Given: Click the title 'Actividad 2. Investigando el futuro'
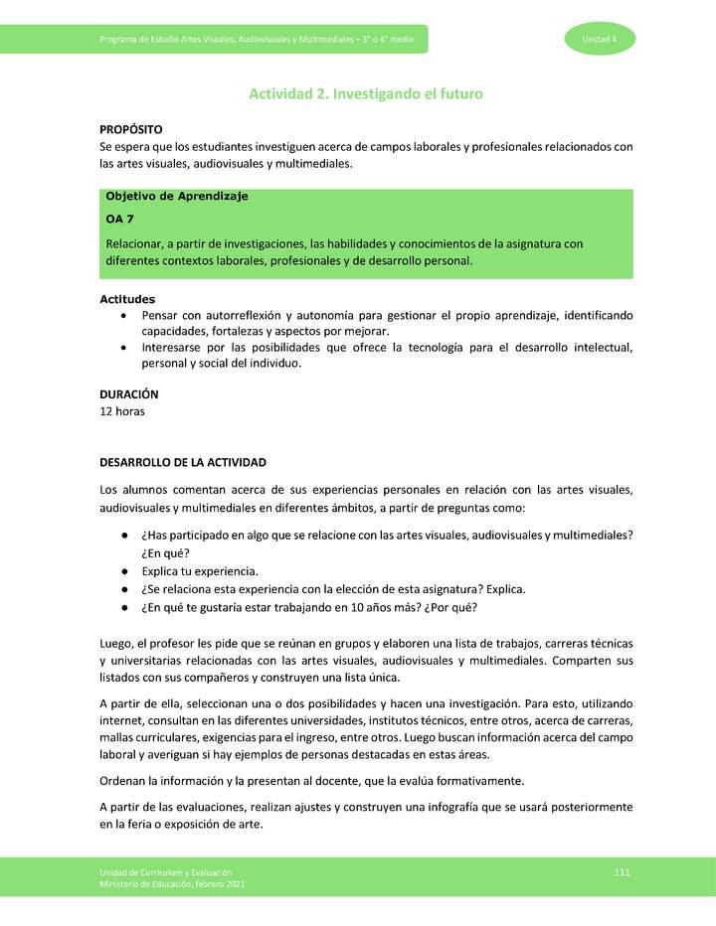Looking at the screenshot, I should click(365, 94).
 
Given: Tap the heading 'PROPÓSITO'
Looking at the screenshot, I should click(131, 130).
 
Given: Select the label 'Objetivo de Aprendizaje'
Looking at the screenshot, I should click(176, 196).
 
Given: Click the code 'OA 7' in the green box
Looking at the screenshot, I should click(120, 220).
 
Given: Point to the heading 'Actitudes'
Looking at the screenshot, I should click(127, 299).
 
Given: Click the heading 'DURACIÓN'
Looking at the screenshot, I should click(129, 394).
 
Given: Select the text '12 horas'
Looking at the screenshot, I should click(122, 411).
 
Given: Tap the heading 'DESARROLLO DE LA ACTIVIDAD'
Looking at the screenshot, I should click(183, 463).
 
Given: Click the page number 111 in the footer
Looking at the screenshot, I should click(623, 871).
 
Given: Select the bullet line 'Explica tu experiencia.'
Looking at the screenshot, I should click(200, 571).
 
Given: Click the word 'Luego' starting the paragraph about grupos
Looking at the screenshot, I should click(116, 643).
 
